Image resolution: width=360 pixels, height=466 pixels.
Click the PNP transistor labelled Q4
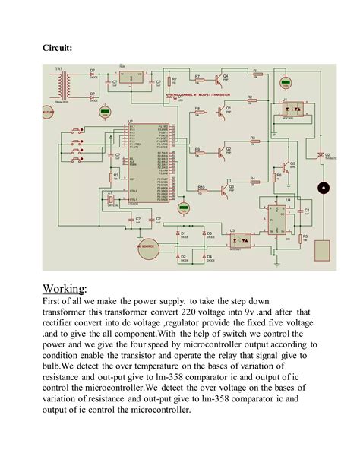click(x=219, y=79)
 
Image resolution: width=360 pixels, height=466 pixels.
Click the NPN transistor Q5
click(x=288, y=168)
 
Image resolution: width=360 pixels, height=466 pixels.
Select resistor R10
click(x=202, y=190)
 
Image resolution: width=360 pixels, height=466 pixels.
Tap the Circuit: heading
click(x=57, y=48)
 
